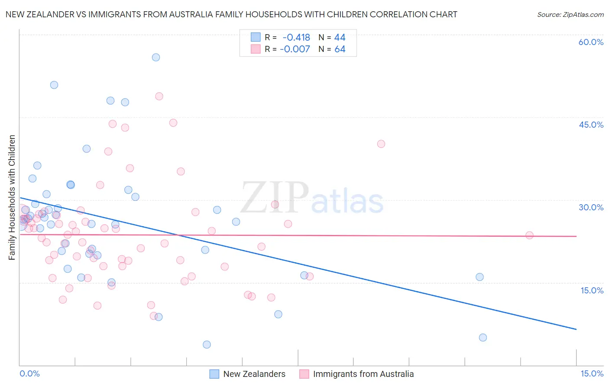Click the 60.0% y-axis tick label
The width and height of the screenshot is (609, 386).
(x=591, y=42)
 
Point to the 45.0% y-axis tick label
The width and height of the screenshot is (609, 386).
(x=591, y=125)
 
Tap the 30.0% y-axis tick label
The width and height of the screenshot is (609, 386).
(x=591, y=207)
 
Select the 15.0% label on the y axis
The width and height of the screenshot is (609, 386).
(x=592, y=290)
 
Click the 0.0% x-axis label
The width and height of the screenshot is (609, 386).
(x=29, y=374)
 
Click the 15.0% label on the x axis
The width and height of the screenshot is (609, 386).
(x=592, y=374)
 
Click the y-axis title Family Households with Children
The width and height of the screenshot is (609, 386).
(x=12, y=197)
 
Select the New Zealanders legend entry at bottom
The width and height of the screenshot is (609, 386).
(x=247, y=374)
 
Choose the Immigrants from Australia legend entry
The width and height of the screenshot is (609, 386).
(x=356, y=374)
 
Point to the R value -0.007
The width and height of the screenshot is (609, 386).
(x=295, y=49)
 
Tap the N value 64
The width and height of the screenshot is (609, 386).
(x=340, y=49)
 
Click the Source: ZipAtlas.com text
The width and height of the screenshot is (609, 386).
(x=570, y=15)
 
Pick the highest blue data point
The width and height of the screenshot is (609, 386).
(x=156, y=57)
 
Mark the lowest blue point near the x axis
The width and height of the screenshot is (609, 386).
(x=207, y=344)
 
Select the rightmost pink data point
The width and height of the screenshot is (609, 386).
(x=529, y=235)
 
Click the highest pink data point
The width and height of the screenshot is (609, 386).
(x=159, y=96)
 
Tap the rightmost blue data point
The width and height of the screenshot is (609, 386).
(x=483, y=338)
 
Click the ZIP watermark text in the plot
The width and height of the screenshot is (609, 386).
(x=275, y=198)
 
